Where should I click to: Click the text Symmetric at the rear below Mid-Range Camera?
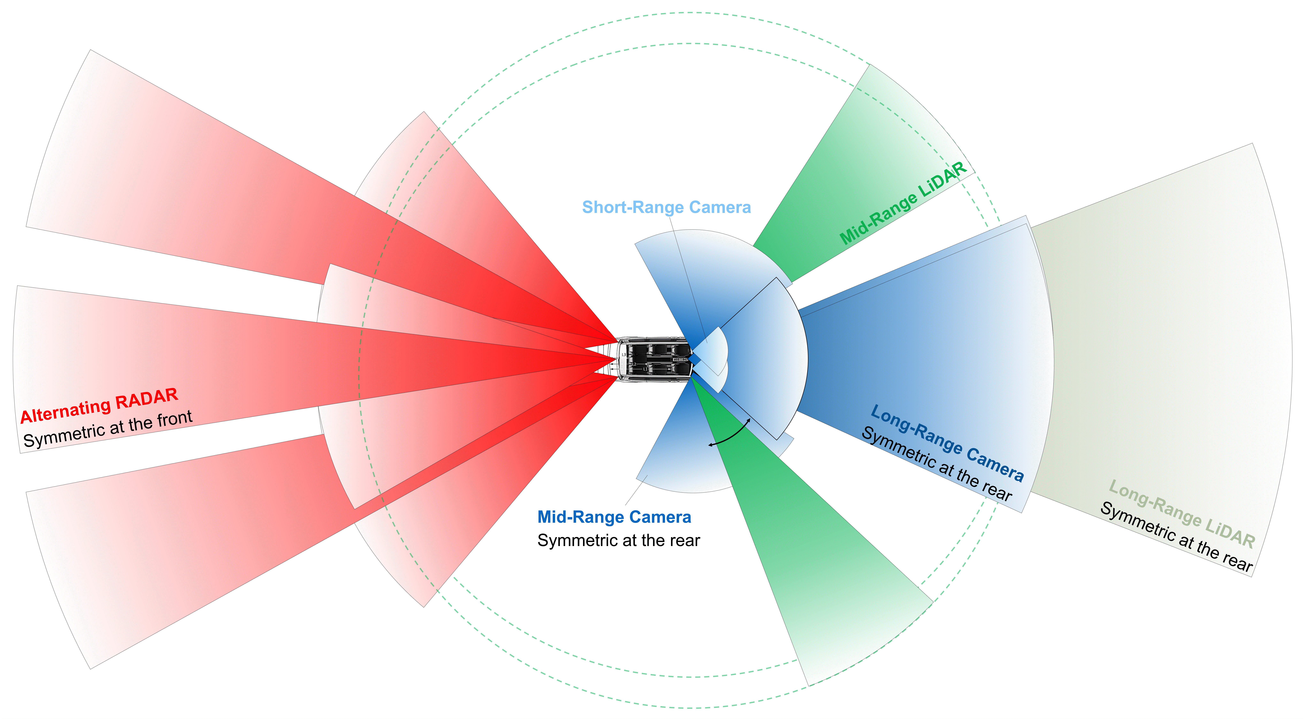pos(619,540)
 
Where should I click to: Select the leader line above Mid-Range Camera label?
pos(633,491)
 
